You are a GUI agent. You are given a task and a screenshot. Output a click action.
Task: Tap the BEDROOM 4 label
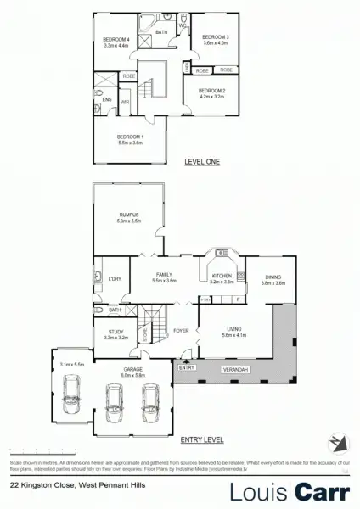point(115,40)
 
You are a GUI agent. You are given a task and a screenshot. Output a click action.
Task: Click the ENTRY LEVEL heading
point(201,441)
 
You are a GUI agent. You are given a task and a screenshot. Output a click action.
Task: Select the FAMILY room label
point(164,275)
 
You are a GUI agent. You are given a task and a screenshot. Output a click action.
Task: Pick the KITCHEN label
point(221,277)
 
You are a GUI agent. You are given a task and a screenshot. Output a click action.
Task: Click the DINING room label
point(273,277)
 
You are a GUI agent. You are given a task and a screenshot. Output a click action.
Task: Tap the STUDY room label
point(115,333)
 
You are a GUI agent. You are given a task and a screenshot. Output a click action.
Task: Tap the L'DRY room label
point(115,277)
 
